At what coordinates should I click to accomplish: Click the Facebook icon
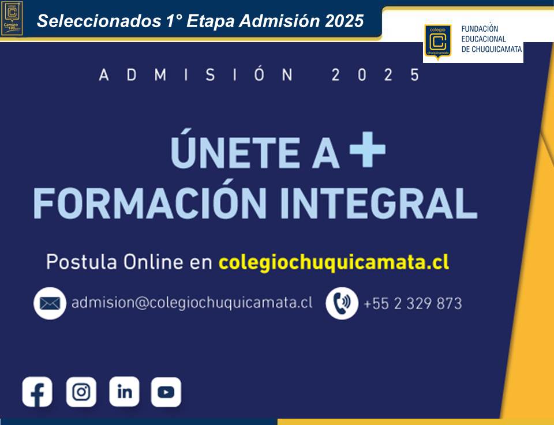(37, 392)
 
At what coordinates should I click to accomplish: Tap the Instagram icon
(81, 392)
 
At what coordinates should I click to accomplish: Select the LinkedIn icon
(125, 392)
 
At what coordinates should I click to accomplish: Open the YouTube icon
(166, 392)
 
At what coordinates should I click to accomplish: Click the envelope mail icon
(50, 303)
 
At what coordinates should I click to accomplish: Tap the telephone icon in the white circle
(342, 303)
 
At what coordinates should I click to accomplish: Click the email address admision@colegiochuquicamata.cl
(192, 303)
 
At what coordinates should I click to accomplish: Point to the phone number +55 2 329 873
(413, 303)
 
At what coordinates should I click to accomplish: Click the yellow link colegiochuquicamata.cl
(334, 262)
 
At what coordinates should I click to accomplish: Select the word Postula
(81, 262)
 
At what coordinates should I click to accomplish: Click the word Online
(153, 262)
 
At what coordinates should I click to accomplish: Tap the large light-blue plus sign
(368, 149)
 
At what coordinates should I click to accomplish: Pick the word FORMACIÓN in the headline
(150, 201)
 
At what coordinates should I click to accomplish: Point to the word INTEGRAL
(379, 204)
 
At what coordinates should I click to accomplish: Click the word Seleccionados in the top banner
(99, 21)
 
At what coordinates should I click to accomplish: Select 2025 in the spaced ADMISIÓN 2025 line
(375, 75)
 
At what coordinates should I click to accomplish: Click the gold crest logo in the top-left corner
(12, 18)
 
